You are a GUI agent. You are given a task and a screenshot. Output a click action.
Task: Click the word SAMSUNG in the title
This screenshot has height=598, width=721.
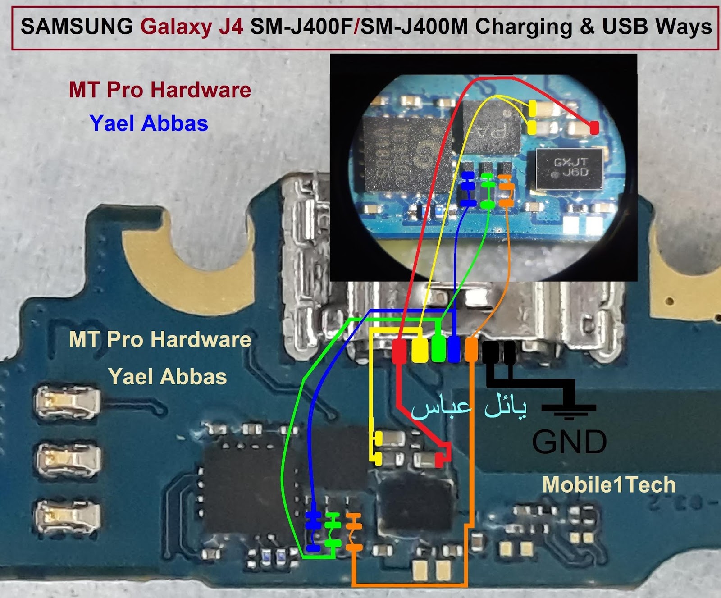(77, 27)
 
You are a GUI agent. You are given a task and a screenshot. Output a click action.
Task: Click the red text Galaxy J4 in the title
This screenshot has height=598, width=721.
(192, 27)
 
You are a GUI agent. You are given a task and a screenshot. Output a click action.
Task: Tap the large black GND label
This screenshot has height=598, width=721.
(569, 442)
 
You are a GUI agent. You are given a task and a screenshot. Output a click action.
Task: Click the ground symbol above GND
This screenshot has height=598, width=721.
(569, 409)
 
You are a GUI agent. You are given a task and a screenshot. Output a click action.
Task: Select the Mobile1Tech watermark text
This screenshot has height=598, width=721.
(609, 485)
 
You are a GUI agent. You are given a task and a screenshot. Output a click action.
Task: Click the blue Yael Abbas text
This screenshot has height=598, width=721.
(149, 123)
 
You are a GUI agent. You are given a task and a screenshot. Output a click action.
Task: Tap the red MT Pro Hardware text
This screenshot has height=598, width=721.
(160, 90)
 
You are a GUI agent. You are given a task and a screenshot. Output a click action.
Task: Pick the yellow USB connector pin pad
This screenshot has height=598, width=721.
(420, 351)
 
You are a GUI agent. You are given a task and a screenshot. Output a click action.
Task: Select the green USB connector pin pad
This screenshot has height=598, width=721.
(438, 350)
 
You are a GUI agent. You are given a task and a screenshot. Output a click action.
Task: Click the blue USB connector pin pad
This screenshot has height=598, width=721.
(454, 350)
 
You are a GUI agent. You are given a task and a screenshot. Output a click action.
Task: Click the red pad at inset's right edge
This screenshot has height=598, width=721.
(594, 128)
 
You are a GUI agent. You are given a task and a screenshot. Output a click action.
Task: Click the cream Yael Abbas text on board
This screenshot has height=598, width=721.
(167, 377)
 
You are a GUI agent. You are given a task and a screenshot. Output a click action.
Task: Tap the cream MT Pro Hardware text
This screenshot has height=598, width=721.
(160, 339)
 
